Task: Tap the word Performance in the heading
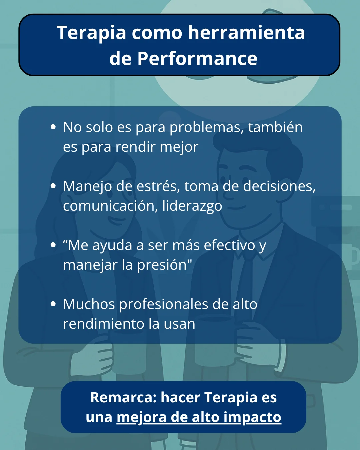point(197,59)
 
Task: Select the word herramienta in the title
point(246,33)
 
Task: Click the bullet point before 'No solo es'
point(53,127)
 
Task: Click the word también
point(275,127)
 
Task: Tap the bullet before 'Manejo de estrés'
point(53,186)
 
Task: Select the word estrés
point(158,186)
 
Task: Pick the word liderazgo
point(192,206)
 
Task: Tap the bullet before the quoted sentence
point(53,245)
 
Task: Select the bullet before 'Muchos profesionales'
point(53,304)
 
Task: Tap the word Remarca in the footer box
point(123,397)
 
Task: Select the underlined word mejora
point(141,417)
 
